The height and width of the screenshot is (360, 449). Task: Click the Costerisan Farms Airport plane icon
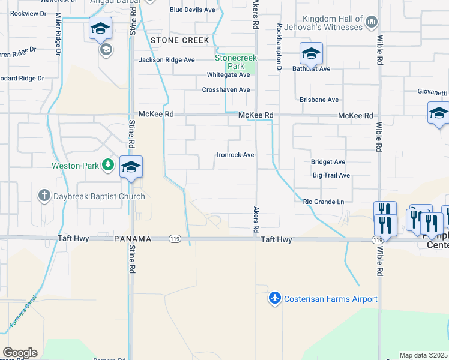[x=274, y=299]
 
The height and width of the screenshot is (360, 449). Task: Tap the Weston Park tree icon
[x=108, y=165]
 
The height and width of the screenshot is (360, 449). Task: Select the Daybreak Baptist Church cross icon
[x=43, y=196]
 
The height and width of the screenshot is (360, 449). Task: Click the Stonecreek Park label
[x=236, y=62]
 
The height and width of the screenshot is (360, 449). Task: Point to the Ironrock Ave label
[x=235, y=155]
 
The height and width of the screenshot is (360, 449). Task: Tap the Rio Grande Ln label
[x=324, y=202]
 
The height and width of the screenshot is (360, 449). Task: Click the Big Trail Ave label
[x=331, y=176]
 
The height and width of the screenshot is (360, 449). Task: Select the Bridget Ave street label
[x=328, y=162]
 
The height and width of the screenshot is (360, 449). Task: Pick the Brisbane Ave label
[x=319, y=100]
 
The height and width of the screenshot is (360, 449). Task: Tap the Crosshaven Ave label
[x=226, y=89]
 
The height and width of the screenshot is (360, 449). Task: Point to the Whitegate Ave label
[x=228, y=75]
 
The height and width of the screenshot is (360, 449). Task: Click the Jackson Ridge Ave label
[x=167, y=60]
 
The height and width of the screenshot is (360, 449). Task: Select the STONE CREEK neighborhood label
[x=180, y=40]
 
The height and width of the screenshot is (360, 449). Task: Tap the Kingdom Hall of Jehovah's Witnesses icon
[x=372, y=23]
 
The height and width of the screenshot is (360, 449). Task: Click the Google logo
[x=20, y=353]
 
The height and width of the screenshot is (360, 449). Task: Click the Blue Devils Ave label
[x=192, y=10]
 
